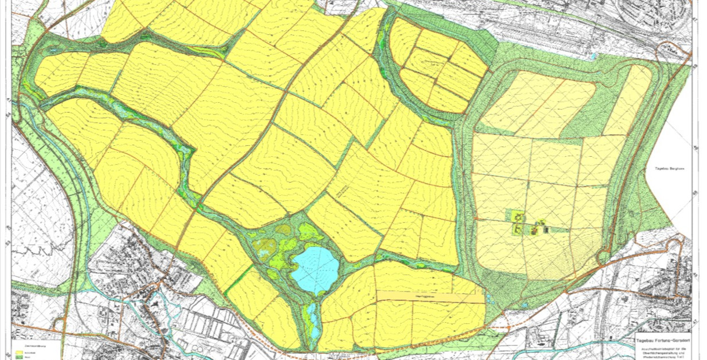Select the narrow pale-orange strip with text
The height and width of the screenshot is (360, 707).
pyautogui.click(x=430, y=297)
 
